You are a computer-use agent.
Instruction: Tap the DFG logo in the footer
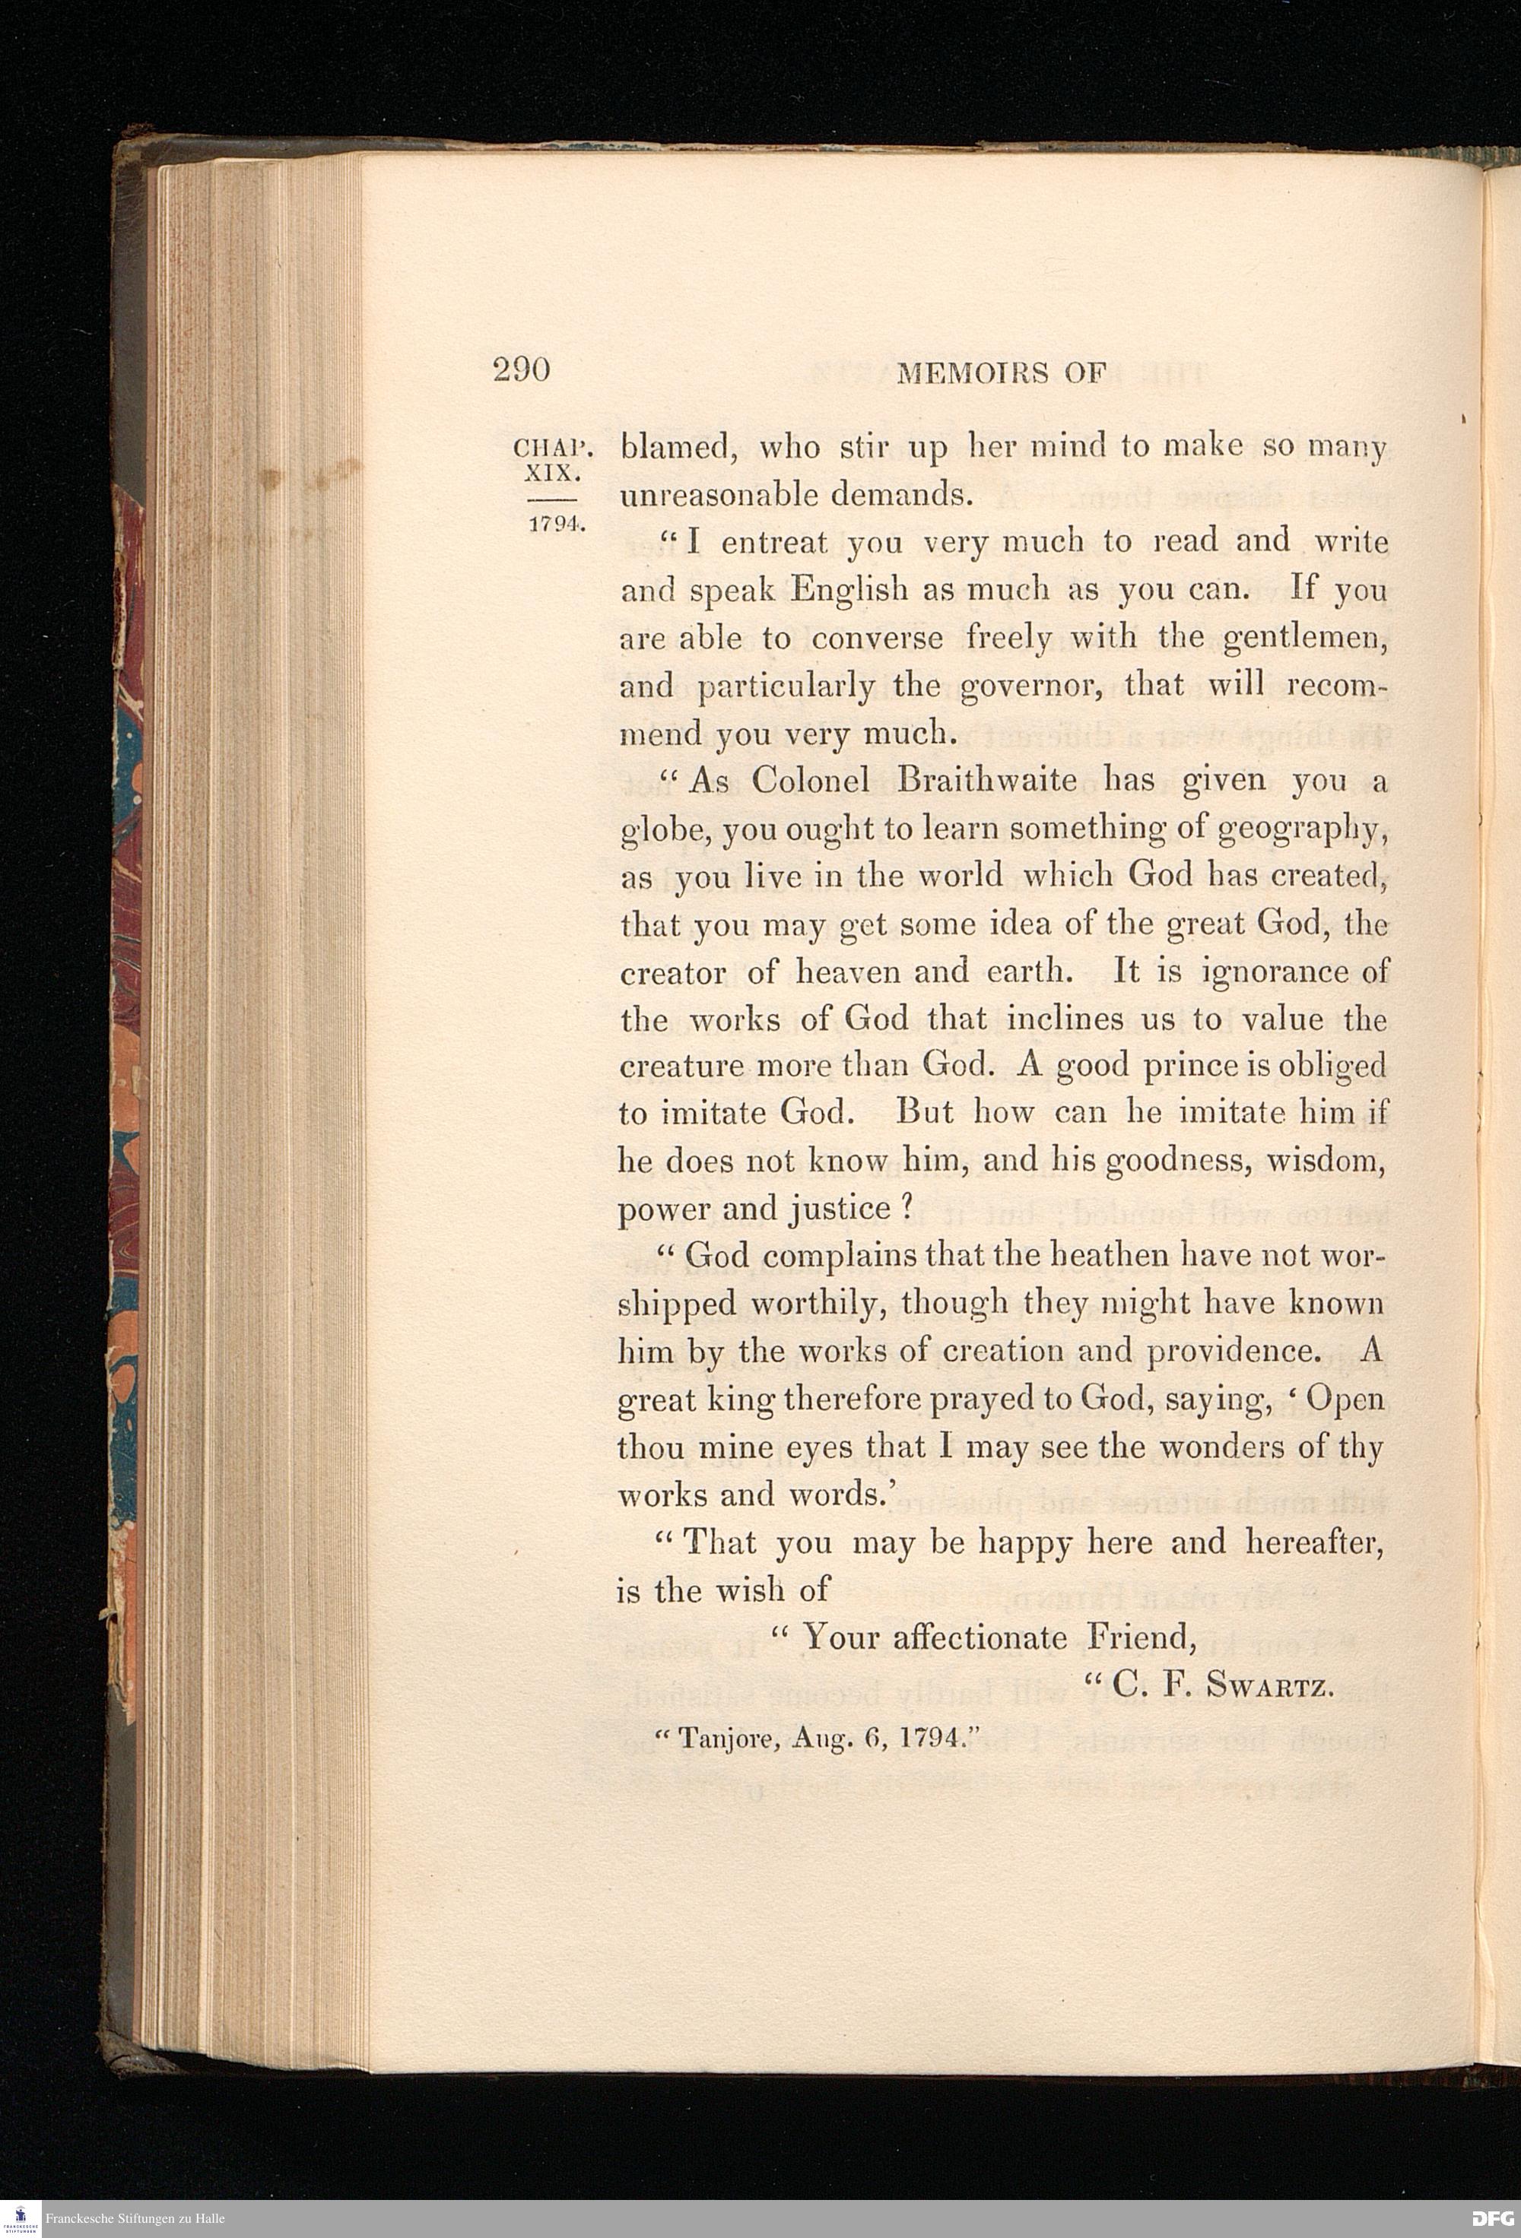pyautogui.click(x=1491, y=2219)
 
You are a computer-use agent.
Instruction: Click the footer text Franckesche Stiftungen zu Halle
pyautogui.click(x=135, y=2219)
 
